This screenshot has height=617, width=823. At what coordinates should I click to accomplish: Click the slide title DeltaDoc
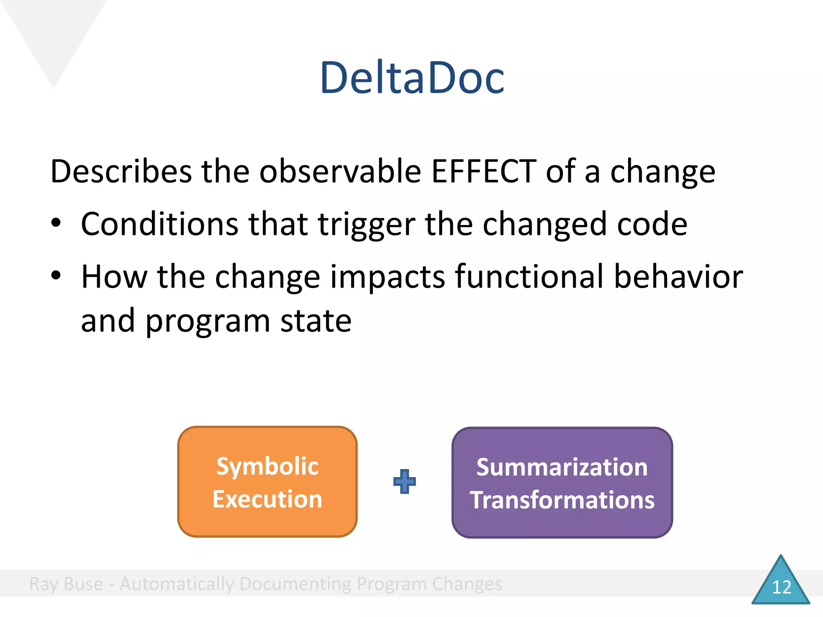[411, 78]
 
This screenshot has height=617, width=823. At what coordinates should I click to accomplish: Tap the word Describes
[121, 172]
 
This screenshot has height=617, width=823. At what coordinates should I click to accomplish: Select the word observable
[340, 172]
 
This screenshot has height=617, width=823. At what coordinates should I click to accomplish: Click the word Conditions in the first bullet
[160, 224]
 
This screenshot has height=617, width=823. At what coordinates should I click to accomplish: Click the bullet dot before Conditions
[56, 223]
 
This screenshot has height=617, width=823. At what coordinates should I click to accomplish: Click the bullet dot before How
[56, 276]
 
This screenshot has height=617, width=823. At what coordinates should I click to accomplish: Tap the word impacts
[387, 277]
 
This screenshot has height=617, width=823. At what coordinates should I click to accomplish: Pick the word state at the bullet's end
[315, 321]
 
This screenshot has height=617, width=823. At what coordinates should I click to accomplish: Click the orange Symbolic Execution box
[267, 482]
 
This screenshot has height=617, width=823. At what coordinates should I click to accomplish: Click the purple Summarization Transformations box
[562, 482]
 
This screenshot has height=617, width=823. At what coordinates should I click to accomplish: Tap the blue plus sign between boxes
[404, 481]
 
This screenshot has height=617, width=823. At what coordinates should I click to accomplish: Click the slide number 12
[781, 587]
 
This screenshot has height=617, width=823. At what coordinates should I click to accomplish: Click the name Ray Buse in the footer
[66, 584]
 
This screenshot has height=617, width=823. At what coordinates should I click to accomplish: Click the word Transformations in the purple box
[562, 500]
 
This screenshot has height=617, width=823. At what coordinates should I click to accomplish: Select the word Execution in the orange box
[267, 499]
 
